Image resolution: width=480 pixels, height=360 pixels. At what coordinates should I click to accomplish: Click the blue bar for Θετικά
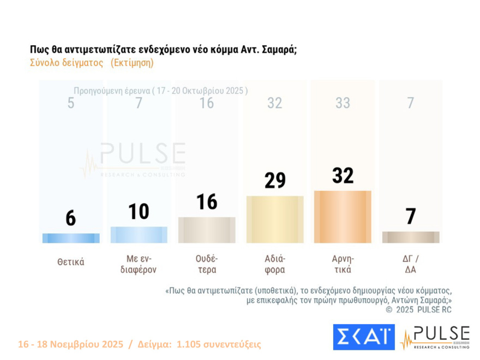pyautogui.click(x=71, y=238)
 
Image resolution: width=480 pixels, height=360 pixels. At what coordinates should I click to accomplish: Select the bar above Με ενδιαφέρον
pyautogui.click(x=139, y=235)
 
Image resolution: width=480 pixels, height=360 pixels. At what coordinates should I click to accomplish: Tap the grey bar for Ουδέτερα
pyautogui.click(x=207, y=230)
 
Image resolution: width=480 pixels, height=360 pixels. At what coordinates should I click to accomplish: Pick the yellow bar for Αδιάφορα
pyautogui.click(x=275, y=219)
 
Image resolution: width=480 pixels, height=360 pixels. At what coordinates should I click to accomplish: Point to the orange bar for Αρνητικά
pyautogui.click(x=343, y=217)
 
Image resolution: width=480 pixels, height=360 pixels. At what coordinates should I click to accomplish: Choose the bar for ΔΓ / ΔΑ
pyautogui.click(x=411, y=237)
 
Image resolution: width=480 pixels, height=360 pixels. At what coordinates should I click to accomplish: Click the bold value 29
pyautogui.click(x=275, y=180)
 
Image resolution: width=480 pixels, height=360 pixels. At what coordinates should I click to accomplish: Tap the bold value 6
pyautogui.click(x=71, y=218)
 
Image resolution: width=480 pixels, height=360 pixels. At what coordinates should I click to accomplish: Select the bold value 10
pyautogui.click(x=139, y=212)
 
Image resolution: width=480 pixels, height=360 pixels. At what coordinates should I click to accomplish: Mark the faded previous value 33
pyautogui.click(x=343, y=103)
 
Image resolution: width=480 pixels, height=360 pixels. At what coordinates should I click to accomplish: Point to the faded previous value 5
pyautogui.click(x=71, y=103)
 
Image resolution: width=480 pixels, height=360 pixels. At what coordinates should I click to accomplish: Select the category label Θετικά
pyautogui.click(x=71, y=262)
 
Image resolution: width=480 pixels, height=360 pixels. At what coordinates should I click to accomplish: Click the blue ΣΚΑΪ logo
pyautogui.click(x=363, y=337)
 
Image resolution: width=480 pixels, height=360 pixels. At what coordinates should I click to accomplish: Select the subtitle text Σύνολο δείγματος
pyautogui.click(x=67, y=63)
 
